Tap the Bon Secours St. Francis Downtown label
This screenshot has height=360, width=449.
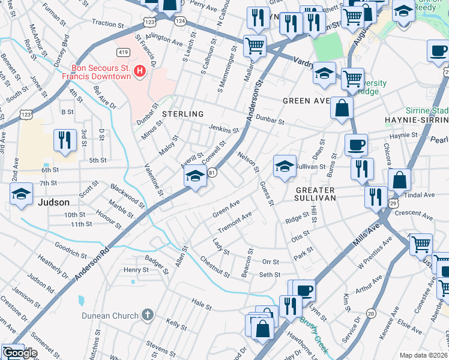click(x=101, y=72)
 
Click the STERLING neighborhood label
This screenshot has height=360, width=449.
click(x=182, y=113)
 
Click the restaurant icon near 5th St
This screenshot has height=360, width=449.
click(x=62, y=140)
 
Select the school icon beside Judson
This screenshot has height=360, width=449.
click(x=20, y=194)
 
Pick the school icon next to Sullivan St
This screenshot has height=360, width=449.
click(x=285, y=166)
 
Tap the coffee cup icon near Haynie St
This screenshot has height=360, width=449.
click(x=356, y=145)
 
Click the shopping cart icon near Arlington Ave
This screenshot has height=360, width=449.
click(x=255, y=45)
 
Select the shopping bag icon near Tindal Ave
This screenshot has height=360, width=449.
click(x=399, y=179)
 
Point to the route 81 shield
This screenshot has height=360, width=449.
click(x=212, y=173)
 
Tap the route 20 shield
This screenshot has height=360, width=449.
click(x=370, y=313)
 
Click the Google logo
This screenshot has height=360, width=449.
click(x=21, y=353)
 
